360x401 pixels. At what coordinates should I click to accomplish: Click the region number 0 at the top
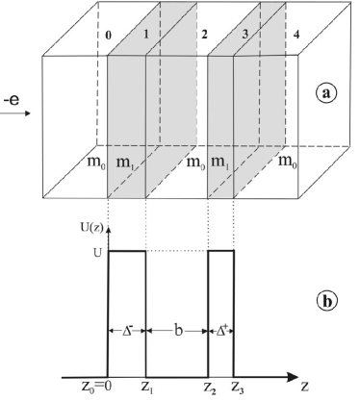tap(109, 36)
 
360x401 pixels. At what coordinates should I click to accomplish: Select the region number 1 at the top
tap(145, 36)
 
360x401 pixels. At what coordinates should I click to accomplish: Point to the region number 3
tap(244, 36)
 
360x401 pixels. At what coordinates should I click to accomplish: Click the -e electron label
tap(13, 97)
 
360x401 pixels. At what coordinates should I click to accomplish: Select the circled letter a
tap(326, 93)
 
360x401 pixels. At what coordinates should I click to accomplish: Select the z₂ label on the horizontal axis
tap(208, 389)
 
